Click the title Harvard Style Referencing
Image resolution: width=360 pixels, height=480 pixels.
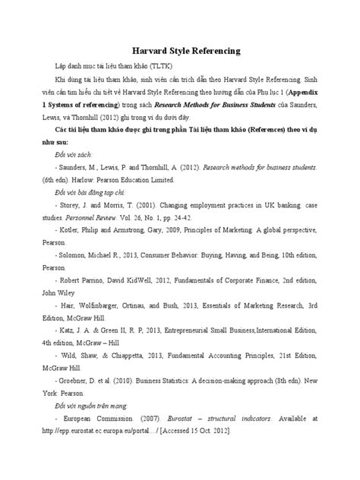pyautogui.click(x=180, y=51)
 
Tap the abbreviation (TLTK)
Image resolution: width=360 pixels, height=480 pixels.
pyautogui.click(x=182, y=68)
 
